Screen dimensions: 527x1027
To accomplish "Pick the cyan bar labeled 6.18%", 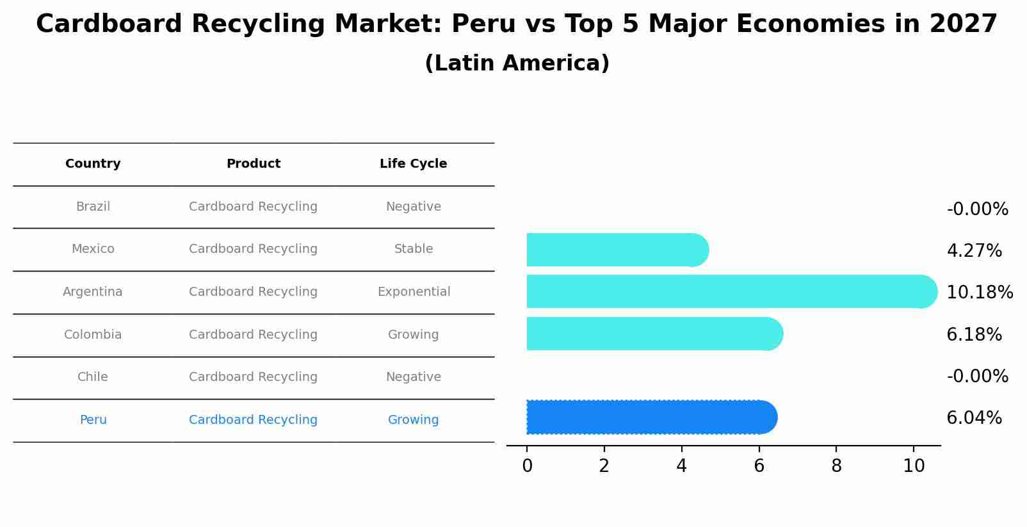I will pyautogui.click(x=653, y=334).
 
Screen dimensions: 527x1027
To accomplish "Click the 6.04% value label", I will pyautogui.click(x=974, y=418).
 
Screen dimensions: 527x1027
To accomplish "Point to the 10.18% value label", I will pyautogui.click(x=979, y=293).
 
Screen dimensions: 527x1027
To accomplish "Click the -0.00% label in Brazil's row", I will pyautogui.click(x=977, y=209).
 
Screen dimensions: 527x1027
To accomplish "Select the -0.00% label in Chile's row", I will pyautogui.click(x=977, y=377).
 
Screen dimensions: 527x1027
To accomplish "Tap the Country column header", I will pyautogui.click(x=93, y=164).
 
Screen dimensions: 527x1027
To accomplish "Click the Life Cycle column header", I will pyautogui.click(x=413, y=164).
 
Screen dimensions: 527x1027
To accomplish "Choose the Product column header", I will pyautogui.click(x=253, y=164).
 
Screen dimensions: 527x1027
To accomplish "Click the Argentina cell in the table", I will pyautogui.click(x=93, y=292).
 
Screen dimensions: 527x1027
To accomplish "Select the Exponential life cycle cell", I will pyautogui.click(x=414, y=292).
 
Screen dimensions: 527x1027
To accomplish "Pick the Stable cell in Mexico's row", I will pyautogui.click(x=414, y=249).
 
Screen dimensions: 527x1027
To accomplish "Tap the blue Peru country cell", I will pyautogui.click(x=93, y=420).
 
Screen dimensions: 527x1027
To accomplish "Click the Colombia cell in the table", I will pyautogui.click(x=93, y=335).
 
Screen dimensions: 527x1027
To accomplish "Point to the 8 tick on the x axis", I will pyautogui.click(x=836, y=466).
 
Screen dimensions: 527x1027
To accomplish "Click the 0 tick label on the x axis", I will pyautogui.click(x=527, y=466).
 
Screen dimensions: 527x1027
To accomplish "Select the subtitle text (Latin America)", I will pyautogui.click(x=517, y=63).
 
